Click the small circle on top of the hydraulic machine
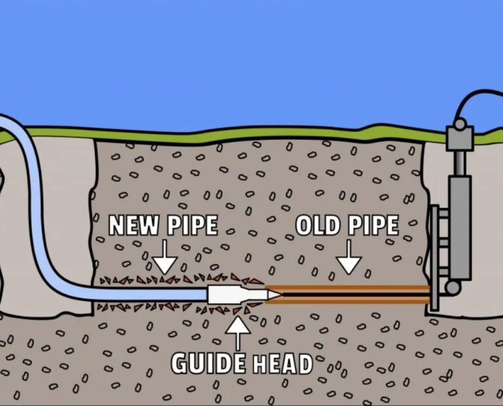(x=460, y=124)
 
